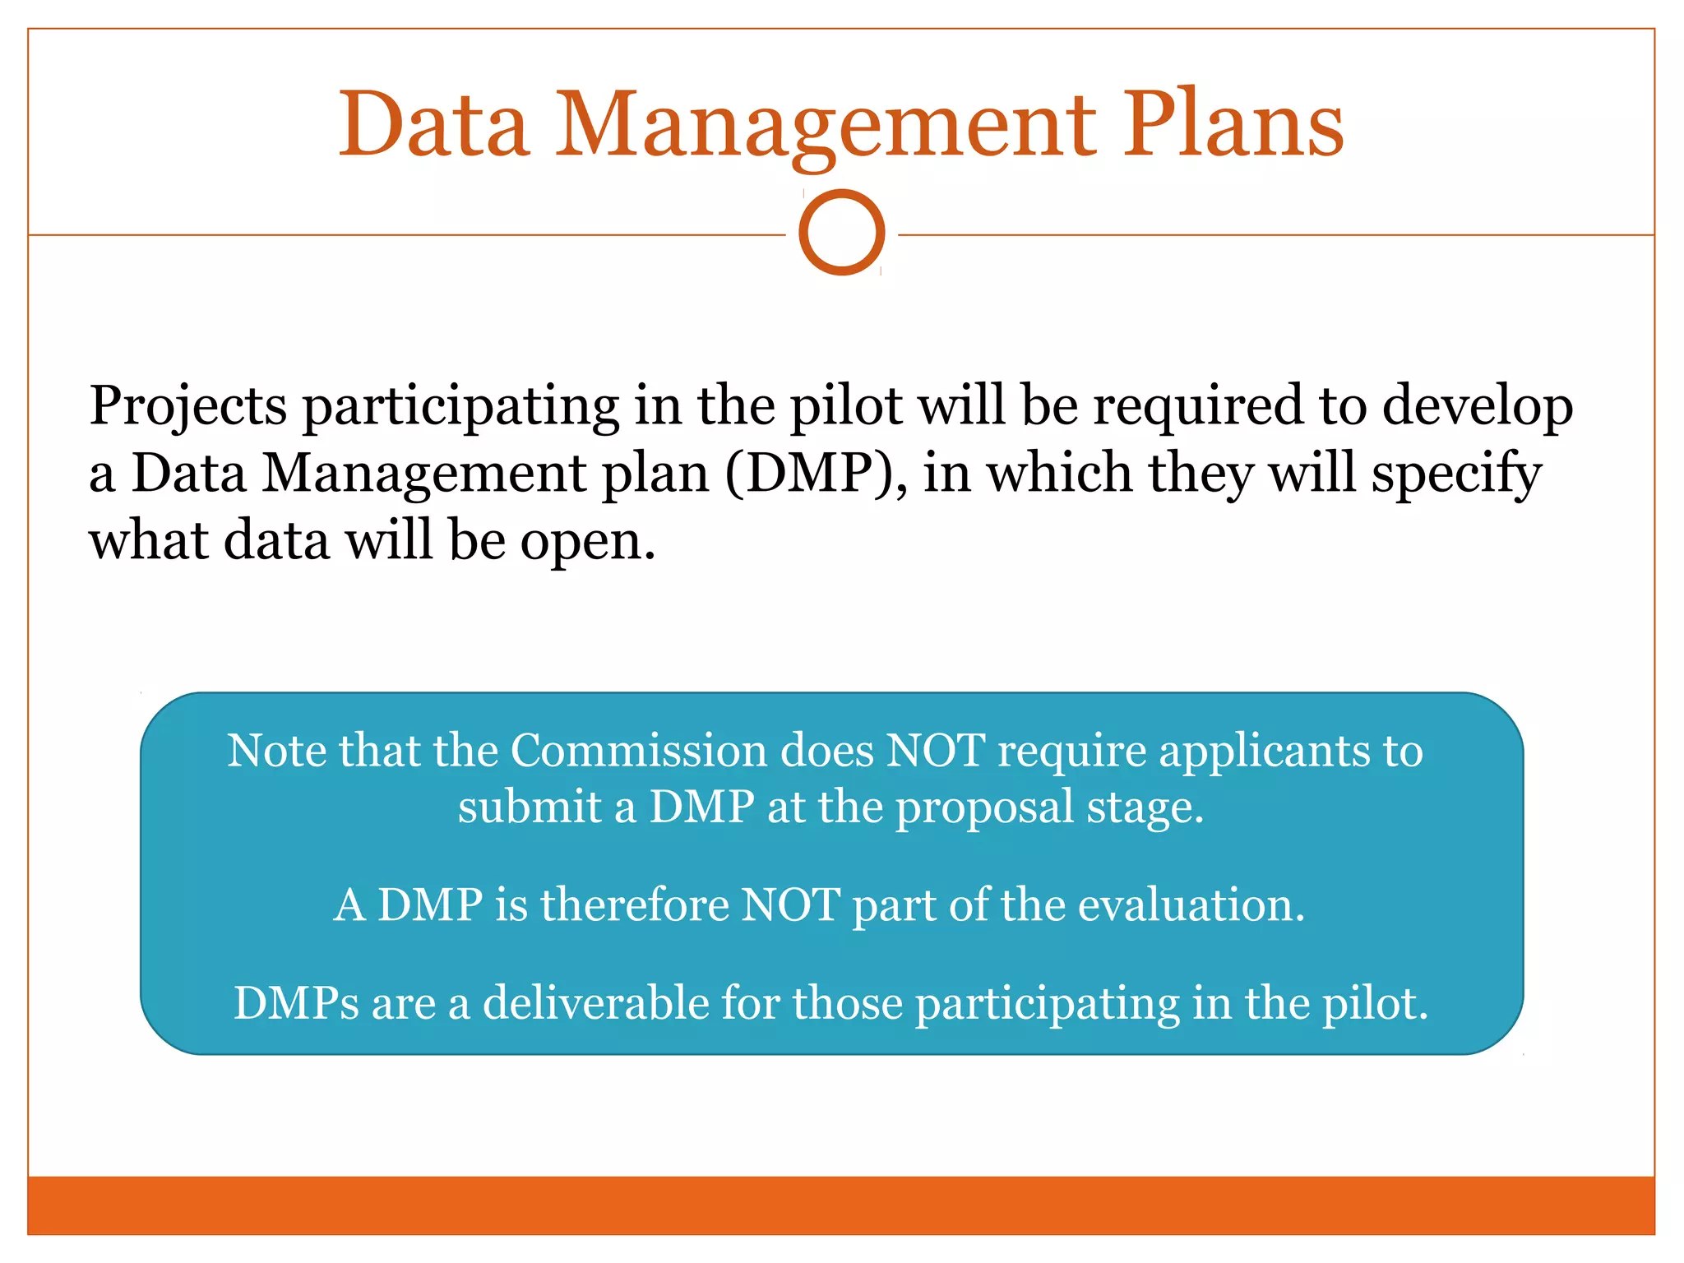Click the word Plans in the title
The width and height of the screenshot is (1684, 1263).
coord(1233,125)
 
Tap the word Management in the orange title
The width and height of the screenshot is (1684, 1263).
coord(826,125)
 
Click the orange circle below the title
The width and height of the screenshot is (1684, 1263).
coord(841,232)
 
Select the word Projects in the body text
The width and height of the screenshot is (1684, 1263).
coord(188,406)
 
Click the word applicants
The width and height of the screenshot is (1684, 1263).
coord(1264,752)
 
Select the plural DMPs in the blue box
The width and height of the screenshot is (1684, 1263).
coord(296,1003)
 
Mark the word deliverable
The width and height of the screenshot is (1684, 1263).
coord(595,1003)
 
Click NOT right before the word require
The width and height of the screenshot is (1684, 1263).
coord(935,751)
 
